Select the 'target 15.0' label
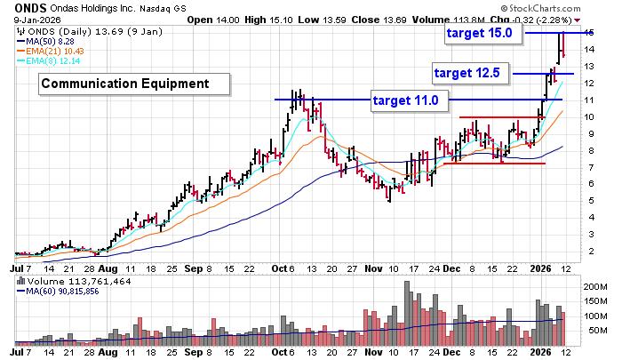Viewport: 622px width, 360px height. (x=479, y=33)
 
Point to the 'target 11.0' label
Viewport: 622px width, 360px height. (x=405, y=100)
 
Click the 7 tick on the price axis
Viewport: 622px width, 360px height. (x=590, y=167)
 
